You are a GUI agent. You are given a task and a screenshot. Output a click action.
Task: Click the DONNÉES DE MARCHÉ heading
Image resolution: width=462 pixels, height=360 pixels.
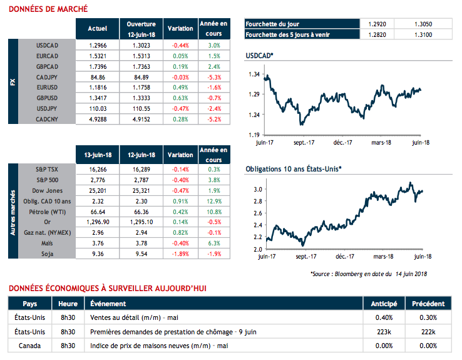(x=48, y=9)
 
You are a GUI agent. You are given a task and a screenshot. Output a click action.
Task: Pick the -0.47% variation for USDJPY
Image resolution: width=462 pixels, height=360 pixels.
(x=180, y=108)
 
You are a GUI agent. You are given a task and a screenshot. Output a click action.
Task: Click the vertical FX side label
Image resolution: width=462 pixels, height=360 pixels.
(x=13, y=82)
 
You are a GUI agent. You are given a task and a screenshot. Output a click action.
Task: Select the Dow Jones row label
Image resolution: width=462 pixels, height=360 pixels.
(x=47, y=190)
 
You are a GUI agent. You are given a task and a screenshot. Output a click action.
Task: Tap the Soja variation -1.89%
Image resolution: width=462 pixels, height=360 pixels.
(x=180, y=254)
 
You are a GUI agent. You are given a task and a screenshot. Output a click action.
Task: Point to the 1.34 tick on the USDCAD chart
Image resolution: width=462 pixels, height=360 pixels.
(x=254, y=75)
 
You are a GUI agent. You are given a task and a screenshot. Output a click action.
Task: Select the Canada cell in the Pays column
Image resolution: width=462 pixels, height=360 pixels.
(x=30, y=345)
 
